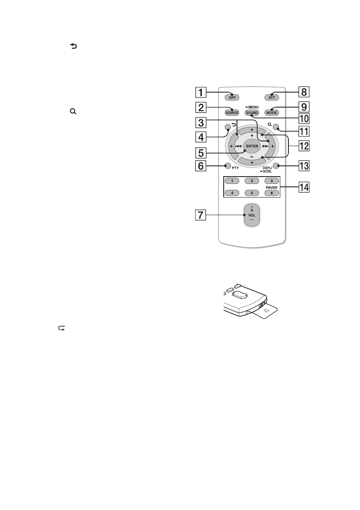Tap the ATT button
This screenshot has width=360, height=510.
[271, 97]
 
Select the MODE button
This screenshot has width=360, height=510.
[271, 112]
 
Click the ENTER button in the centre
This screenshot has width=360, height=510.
[252, 146]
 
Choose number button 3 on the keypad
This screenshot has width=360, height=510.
[271, 181]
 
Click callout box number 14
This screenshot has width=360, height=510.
[304, 187]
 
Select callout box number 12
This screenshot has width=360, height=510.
[304, 146]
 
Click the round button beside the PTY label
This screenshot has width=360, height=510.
[227, 165]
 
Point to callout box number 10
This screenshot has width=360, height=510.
[304, 118]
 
